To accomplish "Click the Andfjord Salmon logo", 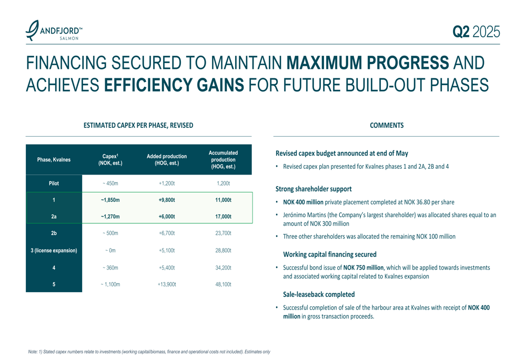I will (54, 32).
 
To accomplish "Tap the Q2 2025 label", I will (476, 33).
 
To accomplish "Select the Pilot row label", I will (54, 184).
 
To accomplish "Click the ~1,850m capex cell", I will (110, 200).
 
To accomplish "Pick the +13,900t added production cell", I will (167, 284).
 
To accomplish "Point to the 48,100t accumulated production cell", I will (223, 284).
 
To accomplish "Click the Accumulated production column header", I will (223, 160).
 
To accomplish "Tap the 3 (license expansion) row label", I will (54, 250).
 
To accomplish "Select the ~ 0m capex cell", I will (110, 250).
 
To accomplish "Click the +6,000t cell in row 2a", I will (167, 217).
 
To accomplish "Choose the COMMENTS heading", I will (387, 126).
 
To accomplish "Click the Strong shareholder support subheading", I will (313, 189).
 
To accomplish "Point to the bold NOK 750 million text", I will (363, 268).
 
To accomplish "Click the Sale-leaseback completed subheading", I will (319, 294).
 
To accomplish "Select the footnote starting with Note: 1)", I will (149, 352).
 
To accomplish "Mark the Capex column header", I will (110, 160).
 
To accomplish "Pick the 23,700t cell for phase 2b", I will (223, 233).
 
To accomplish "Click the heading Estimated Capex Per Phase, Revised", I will (138, 126).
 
